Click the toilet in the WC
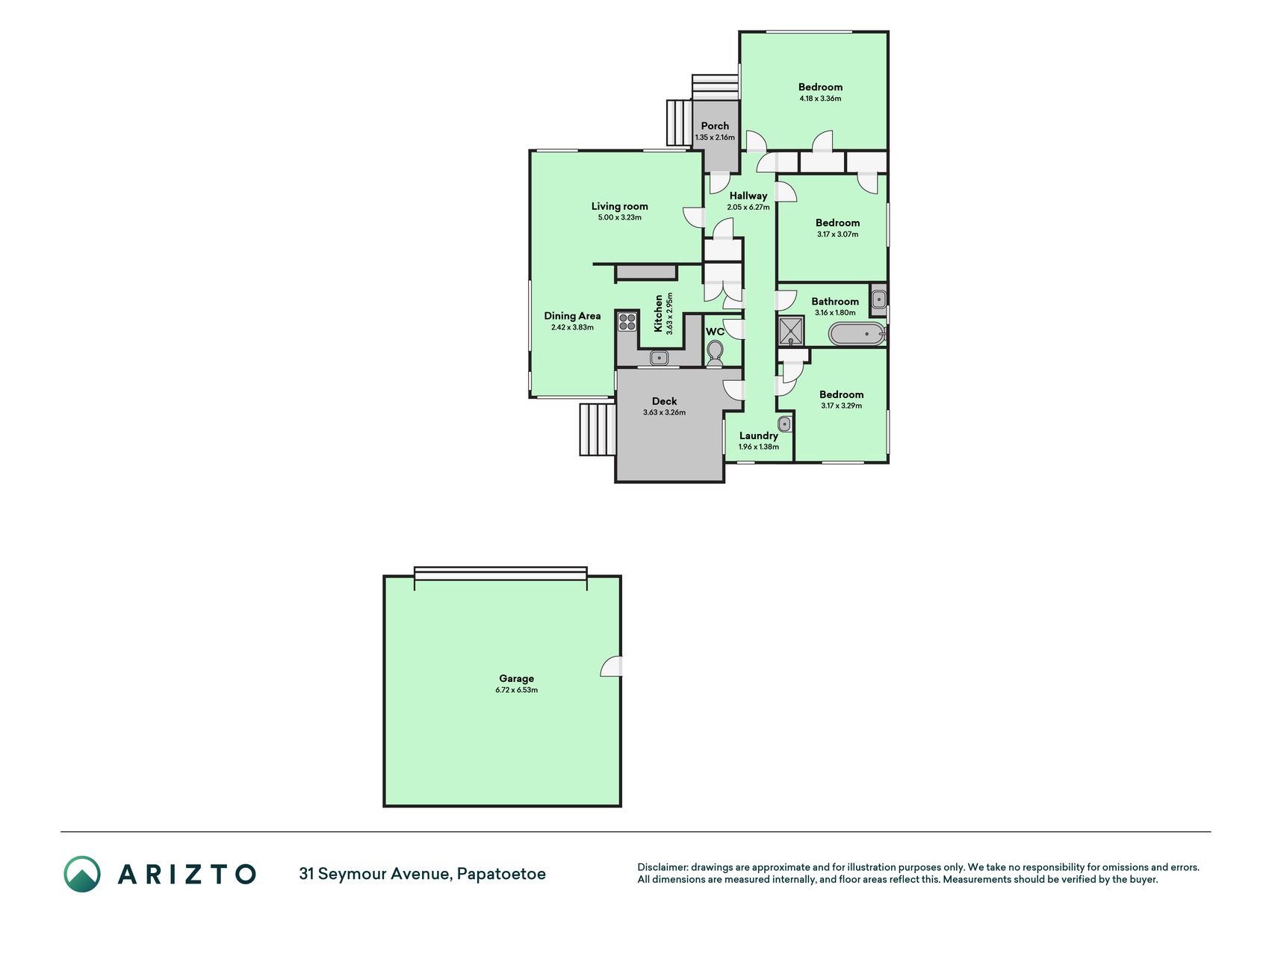[715, 354]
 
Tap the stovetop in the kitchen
[627, 322]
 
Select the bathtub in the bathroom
[857, 334]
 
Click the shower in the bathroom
[790, 331]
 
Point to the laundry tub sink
[784, 424]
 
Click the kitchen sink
[659, 358]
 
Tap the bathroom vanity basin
[879, 300]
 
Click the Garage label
[516, 678]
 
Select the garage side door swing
[611, 666]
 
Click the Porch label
[715, 125]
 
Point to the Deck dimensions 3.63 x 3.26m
[664, 412]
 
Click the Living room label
[619, 206]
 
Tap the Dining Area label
[572, 316]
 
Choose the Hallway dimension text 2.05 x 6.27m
[748, 207]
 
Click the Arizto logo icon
[82, 874]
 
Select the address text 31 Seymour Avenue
[374, 874]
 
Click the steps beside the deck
[598, 429]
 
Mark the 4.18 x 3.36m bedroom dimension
[820, 99]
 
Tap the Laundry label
[758, 435]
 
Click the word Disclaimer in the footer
[662, 867]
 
